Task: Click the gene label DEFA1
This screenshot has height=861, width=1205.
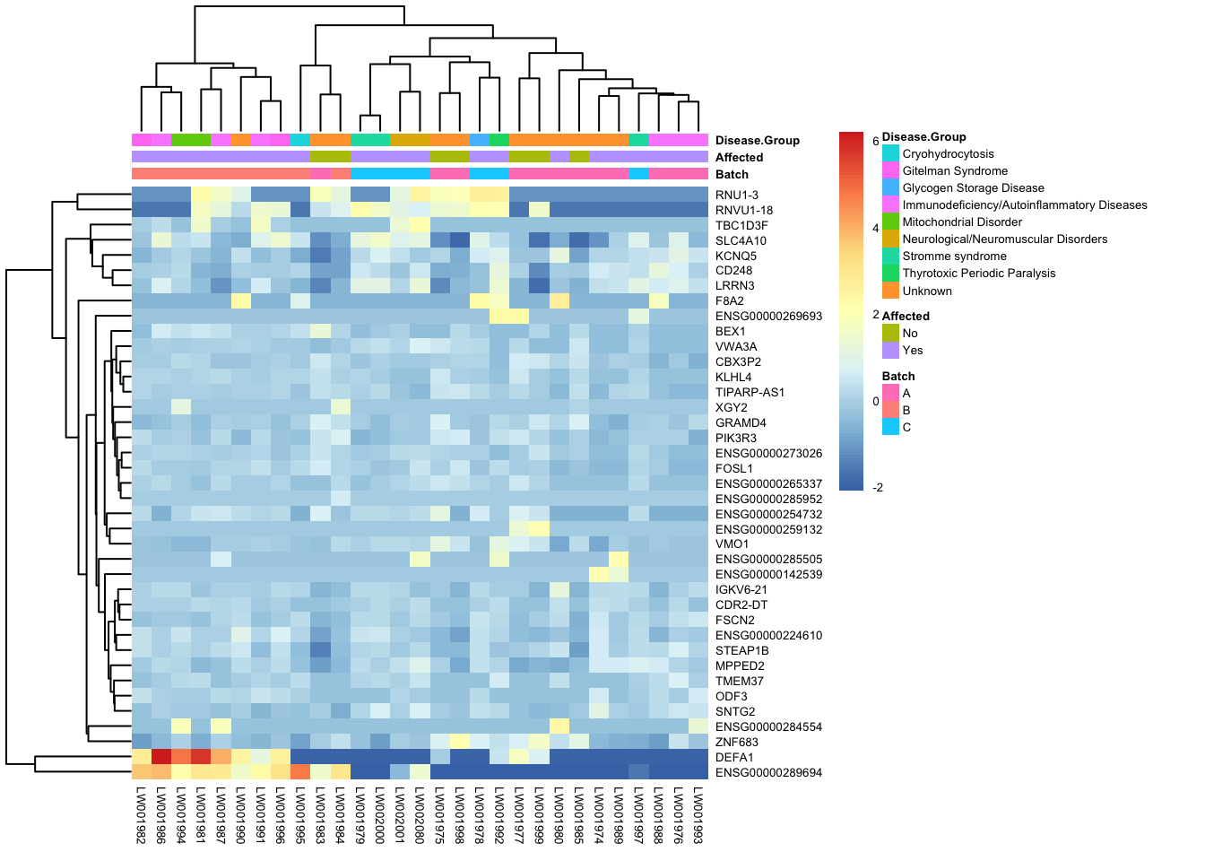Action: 733,757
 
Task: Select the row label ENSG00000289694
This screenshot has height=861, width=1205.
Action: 768,772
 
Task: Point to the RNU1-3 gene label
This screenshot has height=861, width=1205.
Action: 737,195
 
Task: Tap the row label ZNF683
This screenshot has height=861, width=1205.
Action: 737,742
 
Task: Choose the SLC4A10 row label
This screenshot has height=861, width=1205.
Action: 741,240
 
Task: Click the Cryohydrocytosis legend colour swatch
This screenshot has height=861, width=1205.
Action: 890,154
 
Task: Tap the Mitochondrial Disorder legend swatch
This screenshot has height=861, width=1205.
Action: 890,222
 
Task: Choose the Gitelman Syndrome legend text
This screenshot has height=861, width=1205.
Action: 955,171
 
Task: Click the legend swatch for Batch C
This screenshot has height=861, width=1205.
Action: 890,427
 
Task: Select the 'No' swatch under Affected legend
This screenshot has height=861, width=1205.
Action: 890,333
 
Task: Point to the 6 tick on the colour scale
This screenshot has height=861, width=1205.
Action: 876,141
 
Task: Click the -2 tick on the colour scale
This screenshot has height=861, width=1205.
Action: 878,487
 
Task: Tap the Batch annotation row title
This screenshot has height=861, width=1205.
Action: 732,174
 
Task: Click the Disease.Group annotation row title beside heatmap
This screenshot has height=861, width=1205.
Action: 757,140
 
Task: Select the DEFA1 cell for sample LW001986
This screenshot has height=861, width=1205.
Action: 161,757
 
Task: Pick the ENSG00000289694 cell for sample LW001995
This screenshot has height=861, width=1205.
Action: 300,772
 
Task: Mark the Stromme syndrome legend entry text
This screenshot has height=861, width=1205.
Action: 954,257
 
